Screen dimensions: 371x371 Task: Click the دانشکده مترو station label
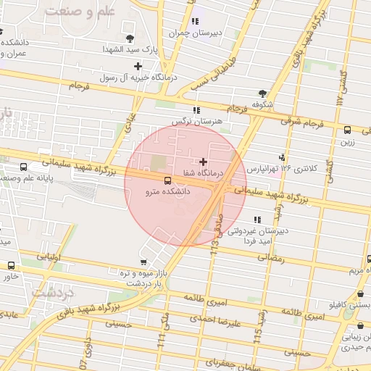pyautogui.click(x=168, y=191)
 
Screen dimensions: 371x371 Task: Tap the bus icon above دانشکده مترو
pyautogui.click(x=168, y=180)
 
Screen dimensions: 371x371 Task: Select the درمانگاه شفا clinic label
pyautogui.click(x=202, y=172)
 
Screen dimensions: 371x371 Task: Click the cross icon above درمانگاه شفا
pyautogui.click(x=202, y=160)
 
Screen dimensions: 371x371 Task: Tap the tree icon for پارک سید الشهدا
pyautogui.click(x=129, y=38)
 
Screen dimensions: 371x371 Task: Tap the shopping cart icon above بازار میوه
pyautogui.click(x=143, y=262)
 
